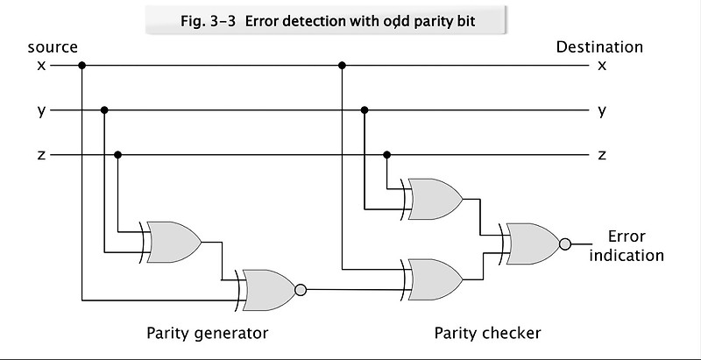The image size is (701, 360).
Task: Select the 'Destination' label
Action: pyautogui.click(x=599, y=47)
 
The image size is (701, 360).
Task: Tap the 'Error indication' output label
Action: pyautogui.click(x=627, y=246)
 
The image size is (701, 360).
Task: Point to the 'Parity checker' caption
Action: pyautogui.click(x=488, y=333)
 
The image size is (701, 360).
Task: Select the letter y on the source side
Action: pyautogui.click(x=41, y=110)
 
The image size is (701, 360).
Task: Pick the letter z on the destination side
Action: pyautogui.click(x=601, y=155)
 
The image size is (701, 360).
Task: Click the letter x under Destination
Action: pyautogui.click(x=601, y=65)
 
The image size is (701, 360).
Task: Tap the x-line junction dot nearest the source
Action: pyautogui.click(x=81, y=65)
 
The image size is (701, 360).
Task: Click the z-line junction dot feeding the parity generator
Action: pyautogui.click(x=117, y=155)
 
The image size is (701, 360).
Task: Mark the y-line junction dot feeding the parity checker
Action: pyautogui.click(x=365, y=110)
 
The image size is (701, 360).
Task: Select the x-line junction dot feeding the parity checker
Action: pyautogui.click(x=341, y=65)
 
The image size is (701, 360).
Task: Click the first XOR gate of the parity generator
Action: pyautogui.click(x=173, y=242)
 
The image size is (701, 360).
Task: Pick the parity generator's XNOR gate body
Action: pyautogui.click(x=268, y=289)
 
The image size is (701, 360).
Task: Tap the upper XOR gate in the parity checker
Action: pyautogui.click(x=434, y=199)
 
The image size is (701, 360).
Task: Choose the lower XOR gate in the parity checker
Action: pyautogui.click(x=434, y=278)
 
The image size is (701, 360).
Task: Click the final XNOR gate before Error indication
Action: pyautogui.click(x=531, y=244)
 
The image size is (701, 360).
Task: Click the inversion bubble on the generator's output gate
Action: pyautogui.click(x=301, y=289)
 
